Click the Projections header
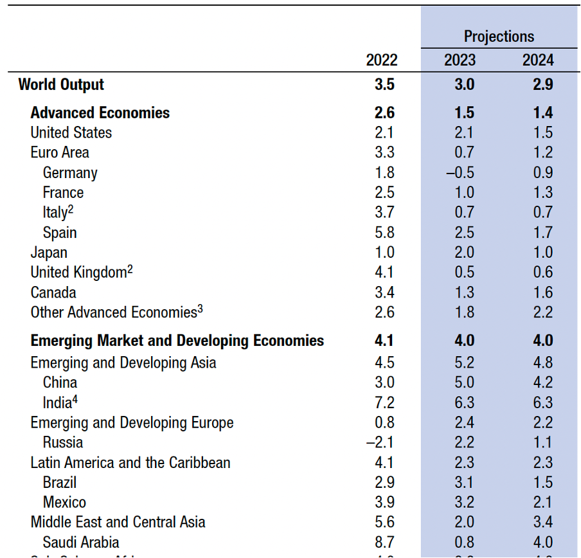pyautogui.click(x=499, y=36)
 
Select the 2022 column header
pyautogui.click(x=382, y=60)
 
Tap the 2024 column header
pyautogui.click(x=538, y=60)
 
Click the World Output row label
pyautogui.click(x=61, y=84)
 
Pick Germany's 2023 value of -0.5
pyautogui.click(x=460, y=173)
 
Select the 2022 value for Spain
pyautogui.click(x=384, y=233)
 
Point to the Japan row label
pyautogui.click(x=49, y=253)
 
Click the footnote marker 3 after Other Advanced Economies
pyautogui.click(x=200, y=309)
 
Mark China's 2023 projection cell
pyautogui.click(x=463, y=382)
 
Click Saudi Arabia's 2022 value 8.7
pyautogui.click(x=384, y=542)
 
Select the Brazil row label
pyautogui.click(x=60, y=482)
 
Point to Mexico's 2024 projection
pyautogui.click(x=542, y=502)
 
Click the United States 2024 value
pyautogui.click(x=542, y=133)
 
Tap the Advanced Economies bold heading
pyautogui.click(x=100, y=113)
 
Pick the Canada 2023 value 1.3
pyautogui.click(x=463, y=292)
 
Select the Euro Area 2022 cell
pyautogui.click(x=384, y=153)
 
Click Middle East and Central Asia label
pyautogui.click(x=118, y=522)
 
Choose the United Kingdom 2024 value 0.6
pyautogui.click(x=542, y=273)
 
